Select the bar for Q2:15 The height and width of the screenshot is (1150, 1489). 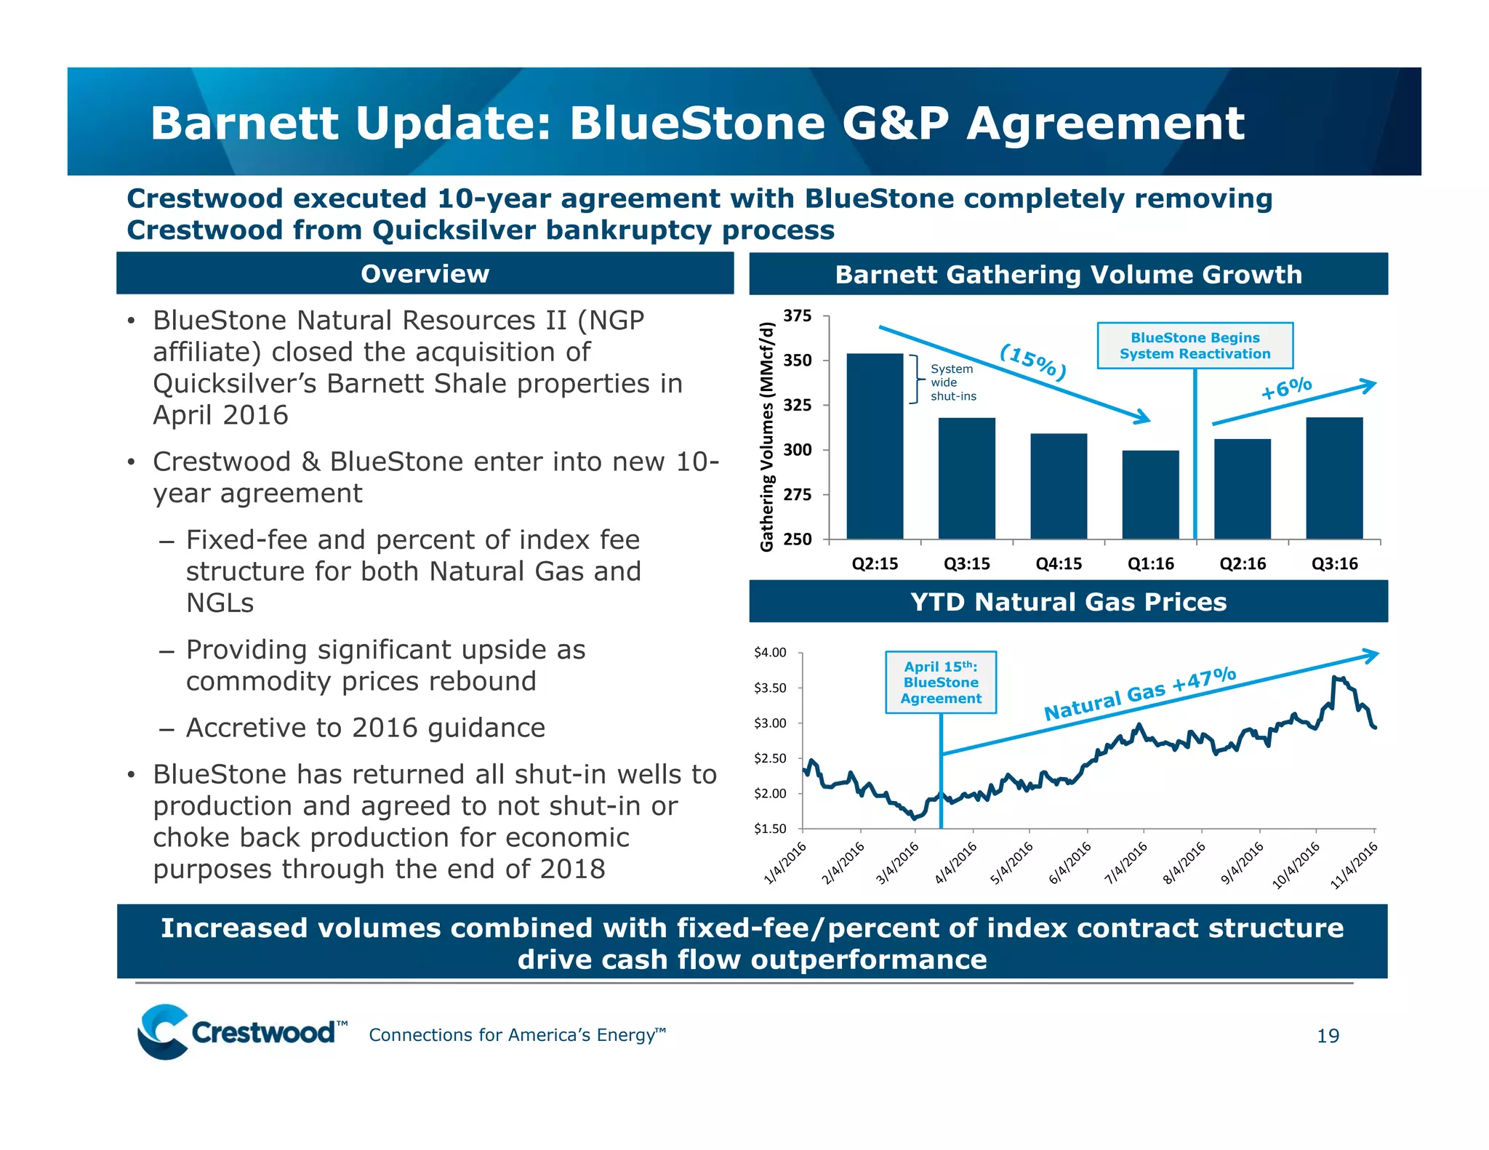(x=875, y=446)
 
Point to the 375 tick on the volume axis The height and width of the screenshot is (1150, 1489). (x=797, y=315)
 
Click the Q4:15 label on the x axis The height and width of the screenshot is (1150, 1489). (x=1059, y=564)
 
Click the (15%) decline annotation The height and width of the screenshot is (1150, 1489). (x=1033, y=361)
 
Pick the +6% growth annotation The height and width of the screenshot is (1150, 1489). (x=1286, y=388)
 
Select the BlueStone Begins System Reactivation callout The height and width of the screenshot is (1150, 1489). (x=1195, y=346)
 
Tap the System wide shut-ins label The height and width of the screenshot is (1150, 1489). (x=952, y=382)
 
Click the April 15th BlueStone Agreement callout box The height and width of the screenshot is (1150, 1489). (x=941, y=683)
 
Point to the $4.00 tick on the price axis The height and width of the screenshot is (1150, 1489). (x=770, y=652)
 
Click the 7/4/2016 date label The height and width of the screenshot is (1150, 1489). (x=1126, y=862)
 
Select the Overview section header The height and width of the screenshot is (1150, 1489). (x=425, y=274)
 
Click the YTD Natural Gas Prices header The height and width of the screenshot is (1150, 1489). (x=1068, y=602)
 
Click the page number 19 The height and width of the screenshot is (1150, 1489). (x=1328, y=1036)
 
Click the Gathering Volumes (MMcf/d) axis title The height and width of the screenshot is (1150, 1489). (x=767, y=437)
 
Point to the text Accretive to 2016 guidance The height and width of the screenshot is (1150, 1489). (x=365, y=728)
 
